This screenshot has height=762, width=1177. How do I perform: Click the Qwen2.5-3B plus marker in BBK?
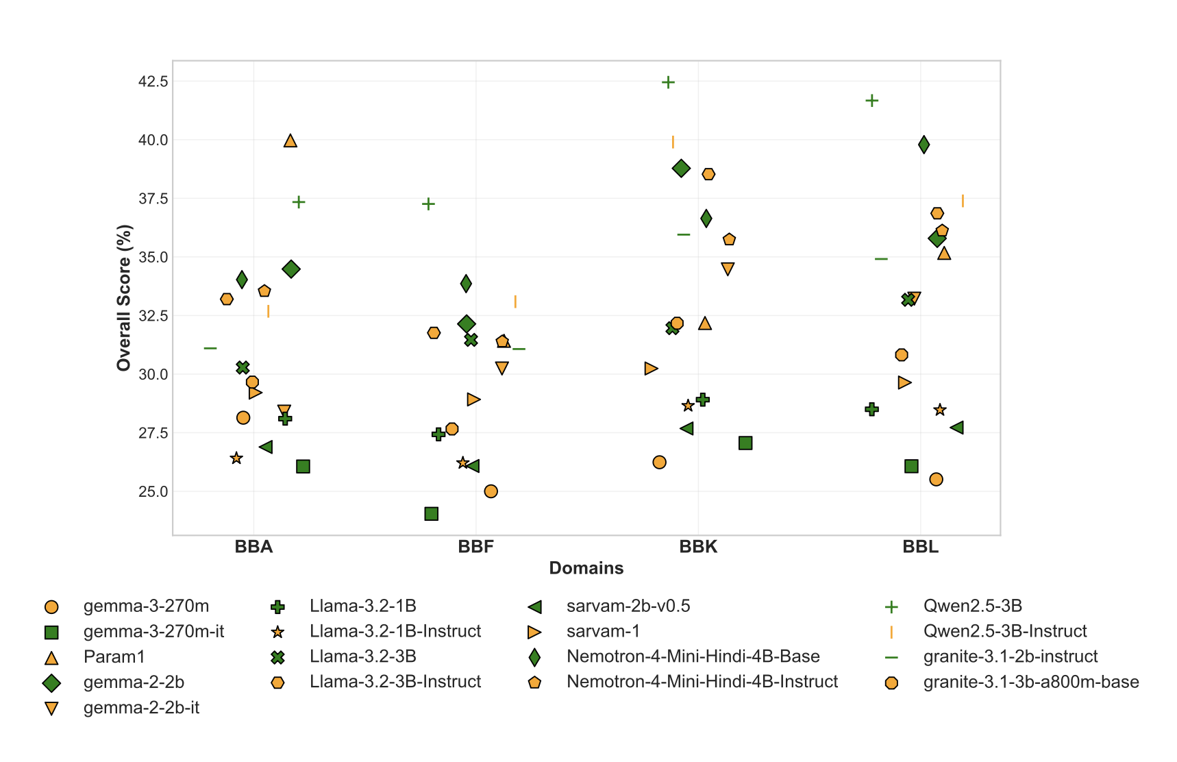click(668, 82)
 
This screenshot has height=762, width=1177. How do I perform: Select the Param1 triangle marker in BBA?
click(290, 140)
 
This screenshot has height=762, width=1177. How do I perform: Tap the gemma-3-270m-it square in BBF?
click(431, 514)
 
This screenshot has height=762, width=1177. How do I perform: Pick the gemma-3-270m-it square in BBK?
click(745, 443)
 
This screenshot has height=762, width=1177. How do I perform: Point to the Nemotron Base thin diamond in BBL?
click(924, 145)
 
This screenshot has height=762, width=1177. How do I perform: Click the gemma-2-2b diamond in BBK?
click(681, 169)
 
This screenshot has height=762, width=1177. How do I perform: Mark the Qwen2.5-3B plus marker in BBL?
click(871, 101)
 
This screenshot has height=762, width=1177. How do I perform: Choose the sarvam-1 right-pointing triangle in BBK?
click(651, 369)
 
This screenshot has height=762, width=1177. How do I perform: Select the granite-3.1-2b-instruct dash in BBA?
click(210, 348)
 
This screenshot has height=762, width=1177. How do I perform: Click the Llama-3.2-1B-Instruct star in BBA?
click(236, 458)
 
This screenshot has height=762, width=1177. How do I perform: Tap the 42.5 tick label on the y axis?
click(153, 82)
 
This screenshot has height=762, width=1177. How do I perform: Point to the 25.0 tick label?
click(153, 491)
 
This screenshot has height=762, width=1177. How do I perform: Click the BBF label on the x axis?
click(475, 547)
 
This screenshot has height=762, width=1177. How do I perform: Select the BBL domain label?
click(920, 547)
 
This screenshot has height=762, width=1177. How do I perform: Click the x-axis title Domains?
click(586, 568)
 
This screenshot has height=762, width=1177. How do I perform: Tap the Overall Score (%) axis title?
click(123, 298)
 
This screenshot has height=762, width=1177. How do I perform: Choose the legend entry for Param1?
click(114, 657)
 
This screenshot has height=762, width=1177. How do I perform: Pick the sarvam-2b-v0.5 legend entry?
click(628, 606)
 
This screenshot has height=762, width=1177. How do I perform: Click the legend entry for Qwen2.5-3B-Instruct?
click(1004, 632)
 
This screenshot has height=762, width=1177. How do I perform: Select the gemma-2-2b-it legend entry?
click(141, 708)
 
